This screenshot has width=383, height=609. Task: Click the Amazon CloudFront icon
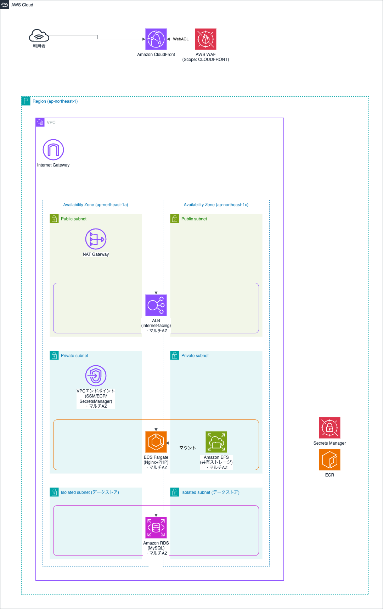tap(156, 39)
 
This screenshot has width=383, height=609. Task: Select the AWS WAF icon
tap(205, 39)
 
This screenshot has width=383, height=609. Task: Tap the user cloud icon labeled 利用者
tap(39, 36)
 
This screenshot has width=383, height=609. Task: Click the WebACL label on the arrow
tap(181, 39)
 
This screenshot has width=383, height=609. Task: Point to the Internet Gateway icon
tap(53, 150)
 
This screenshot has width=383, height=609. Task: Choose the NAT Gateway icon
tap(96, 239)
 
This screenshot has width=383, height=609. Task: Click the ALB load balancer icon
tap(156, 305)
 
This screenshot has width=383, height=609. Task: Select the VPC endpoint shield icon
tap(96, 376)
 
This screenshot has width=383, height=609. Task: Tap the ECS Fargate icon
tap(156, 442)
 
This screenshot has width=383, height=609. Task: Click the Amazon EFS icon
tap(216, 442)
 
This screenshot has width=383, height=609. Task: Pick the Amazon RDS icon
tap(156, 528)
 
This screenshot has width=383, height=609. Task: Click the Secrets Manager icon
tap(330, 428)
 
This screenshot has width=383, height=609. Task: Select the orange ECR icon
tap(330, 459)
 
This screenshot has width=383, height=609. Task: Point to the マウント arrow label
tap(187, 448)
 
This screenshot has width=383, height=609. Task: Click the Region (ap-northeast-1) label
tap(55, 101)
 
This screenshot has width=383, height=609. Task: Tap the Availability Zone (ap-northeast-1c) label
tap(216, 205)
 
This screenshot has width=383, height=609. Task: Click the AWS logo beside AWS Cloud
tap(5, 5)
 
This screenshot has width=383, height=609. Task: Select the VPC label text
tap(51, 123)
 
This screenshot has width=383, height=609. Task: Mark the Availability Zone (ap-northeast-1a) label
tap(96, 205)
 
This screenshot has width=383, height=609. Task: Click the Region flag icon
tap(26, 101)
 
